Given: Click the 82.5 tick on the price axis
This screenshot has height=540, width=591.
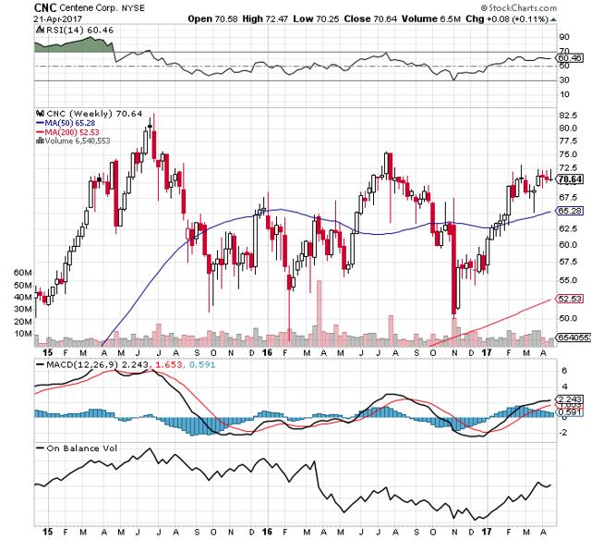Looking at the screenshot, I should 569,115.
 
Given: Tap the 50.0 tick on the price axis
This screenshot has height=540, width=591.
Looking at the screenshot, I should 569,317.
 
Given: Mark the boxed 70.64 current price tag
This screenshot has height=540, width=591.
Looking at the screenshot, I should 570,179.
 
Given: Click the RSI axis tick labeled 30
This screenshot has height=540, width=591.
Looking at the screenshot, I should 562,80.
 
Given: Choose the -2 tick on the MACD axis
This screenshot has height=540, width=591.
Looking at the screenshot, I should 562,432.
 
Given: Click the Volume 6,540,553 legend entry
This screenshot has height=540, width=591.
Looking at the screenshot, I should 71,141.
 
